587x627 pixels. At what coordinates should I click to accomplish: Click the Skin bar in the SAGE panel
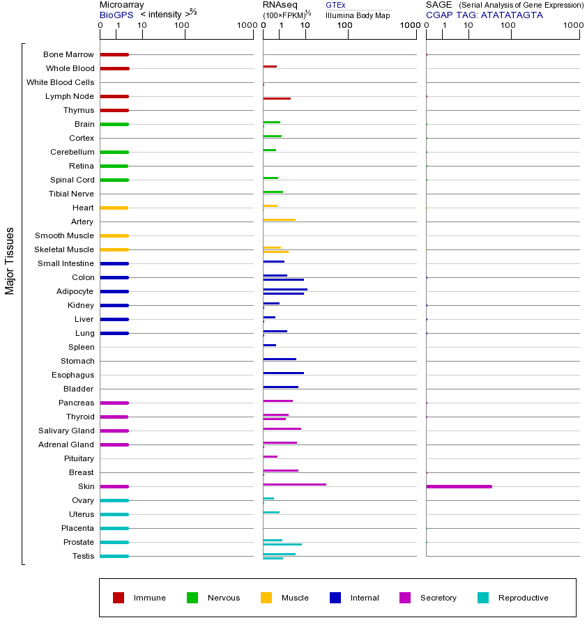(x=459, y=486)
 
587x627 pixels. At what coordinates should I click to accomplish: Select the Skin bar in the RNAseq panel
(x=294, y=484)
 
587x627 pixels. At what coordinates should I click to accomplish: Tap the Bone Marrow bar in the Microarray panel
(x=114, y=54)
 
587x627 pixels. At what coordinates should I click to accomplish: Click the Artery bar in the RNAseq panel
(x=279, y=219)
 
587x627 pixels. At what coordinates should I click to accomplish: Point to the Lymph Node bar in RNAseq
(x=277, y=98)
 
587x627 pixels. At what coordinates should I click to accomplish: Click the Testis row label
(x=83, y=556)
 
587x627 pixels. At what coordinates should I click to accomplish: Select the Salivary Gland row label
(x=67, y=431)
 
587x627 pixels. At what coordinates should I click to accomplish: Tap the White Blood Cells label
(x=60, y=82)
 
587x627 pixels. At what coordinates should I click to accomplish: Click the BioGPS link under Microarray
(x=116, y=14)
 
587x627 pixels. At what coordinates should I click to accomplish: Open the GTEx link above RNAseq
(x=335, y=5)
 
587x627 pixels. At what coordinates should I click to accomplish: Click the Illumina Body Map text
(x=358, y=15)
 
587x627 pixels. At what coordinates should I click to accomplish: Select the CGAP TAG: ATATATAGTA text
(x=484, y=15)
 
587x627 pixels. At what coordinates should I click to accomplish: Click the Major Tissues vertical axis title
(x=10, y=261)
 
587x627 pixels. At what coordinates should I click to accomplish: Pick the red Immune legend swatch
(x=119, y=598)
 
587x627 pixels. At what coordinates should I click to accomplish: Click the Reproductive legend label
(x=523, y=598)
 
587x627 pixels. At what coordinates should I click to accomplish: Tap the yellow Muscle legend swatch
(x=266, y=598)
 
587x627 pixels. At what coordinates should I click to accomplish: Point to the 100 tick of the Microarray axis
(x=182, y=26)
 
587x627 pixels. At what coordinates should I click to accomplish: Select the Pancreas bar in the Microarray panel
(x=114, y=403)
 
